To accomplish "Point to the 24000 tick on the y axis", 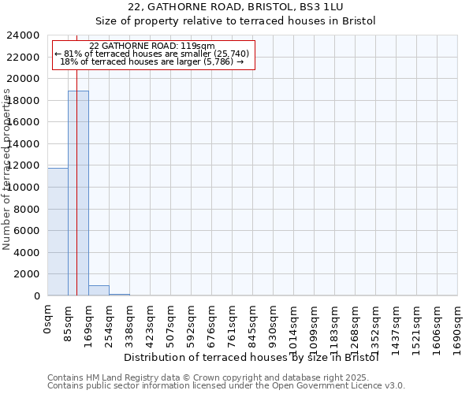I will click(x=24, y=35).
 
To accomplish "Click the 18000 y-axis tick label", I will click(x=24, y=101).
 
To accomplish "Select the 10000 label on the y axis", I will click(x=24, y=188).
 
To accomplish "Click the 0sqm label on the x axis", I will click(x=48, y=322).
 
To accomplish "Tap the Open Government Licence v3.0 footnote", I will click(x=226, y=386).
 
